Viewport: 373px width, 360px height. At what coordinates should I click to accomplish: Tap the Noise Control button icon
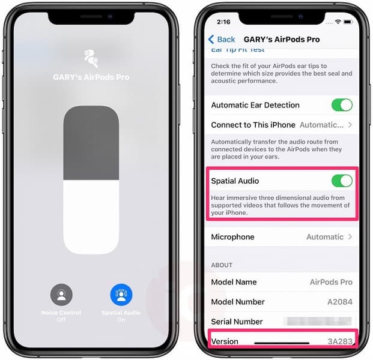click(x=61, y=295)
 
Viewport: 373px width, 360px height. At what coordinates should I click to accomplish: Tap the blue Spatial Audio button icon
click(x=121, y=295)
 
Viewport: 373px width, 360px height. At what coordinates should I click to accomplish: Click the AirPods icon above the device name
click(x=92, y=57)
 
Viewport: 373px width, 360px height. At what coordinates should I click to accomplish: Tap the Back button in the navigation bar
click(x=222, y=39)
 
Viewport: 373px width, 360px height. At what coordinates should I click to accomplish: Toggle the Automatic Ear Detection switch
click(x=342, y=105)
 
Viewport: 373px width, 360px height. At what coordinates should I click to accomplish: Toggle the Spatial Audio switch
click(x=342, y=181)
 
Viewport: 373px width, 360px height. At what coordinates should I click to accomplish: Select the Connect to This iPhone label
click(x=253, y=125)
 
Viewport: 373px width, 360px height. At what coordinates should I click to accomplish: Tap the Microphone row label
click(x=232, y=237)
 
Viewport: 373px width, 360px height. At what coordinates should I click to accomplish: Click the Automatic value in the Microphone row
click(x=325, y=237)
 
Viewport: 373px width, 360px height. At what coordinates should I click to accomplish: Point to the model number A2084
click(x=339, y=302)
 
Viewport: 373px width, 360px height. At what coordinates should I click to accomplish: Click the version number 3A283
click(x=339, y=341)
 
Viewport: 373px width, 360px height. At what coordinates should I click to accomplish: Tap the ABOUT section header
click(x=222, y=265)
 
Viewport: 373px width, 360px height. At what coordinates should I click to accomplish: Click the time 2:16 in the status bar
click(x=223, y=22)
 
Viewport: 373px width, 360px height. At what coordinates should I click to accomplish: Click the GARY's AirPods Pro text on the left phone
click(x=92, y=77)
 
